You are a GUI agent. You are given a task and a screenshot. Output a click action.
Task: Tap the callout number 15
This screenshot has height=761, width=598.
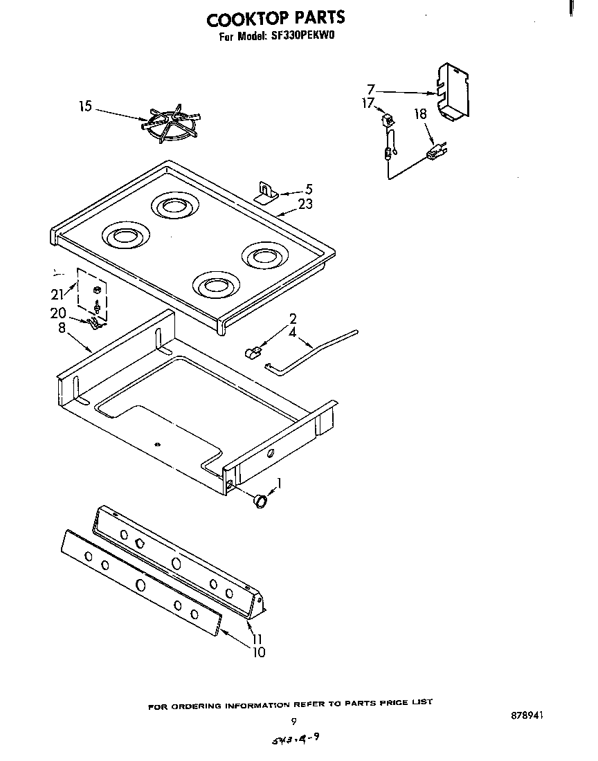84,106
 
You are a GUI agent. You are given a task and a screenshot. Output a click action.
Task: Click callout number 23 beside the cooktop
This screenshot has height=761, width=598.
305,204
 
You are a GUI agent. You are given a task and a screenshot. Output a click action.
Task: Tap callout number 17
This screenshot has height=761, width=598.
368,103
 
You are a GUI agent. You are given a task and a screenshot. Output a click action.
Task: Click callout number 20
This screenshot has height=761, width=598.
57,313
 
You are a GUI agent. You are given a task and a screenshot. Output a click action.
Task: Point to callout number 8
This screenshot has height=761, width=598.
62,328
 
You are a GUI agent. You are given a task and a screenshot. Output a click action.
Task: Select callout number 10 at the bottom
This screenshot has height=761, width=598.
258,652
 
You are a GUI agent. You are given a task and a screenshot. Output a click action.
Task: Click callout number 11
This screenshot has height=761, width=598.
257,639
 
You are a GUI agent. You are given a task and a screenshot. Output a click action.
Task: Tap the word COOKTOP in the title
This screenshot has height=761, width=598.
250,17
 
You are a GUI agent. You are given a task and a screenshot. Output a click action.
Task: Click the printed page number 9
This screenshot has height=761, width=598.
293,720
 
